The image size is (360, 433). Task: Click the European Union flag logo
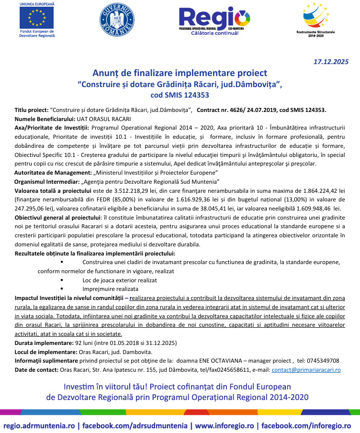[x=37, y=18]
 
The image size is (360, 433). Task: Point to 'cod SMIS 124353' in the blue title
[x=180, y=95]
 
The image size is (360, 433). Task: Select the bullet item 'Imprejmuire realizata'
[x=110, y=289]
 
